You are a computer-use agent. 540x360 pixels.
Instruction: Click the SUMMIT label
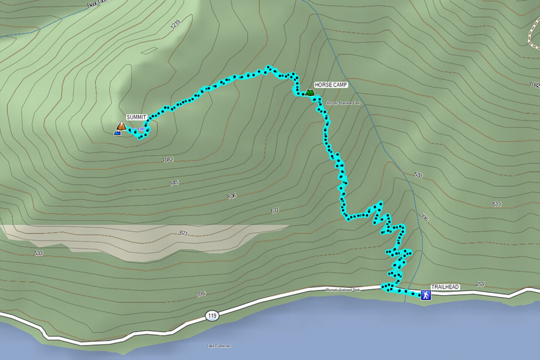point(136,117)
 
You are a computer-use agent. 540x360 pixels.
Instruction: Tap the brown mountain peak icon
point(121,125)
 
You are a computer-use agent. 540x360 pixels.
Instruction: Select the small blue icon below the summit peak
point(117,133)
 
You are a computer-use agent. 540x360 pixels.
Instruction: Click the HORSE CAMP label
point(331,85)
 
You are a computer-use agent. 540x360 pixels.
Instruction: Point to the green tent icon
point(309,92)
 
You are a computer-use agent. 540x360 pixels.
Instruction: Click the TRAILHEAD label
point(445,287)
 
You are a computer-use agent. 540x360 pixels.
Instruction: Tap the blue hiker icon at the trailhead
point(425,295)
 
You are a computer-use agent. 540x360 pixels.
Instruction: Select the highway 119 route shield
point(211,315)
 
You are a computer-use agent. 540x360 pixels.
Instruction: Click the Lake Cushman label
point(218,346)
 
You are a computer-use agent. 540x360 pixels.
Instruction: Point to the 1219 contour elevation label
point(175,25)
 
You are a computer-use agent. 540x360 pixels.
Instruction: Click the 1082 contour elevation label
point(168,160)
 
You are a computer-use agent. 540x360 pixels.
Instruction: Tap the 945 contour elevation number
point(174,183)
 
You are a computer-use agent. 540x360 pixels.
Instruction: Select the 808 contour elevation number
point(232,196)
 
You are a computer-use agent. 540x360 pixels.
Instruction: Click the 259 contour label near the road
point(479,284)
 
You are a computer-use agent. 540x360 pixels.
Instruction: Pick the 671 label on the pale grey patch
point(184,233)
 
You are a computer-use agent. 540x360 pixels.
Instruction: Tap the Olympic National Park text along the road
point(342,290)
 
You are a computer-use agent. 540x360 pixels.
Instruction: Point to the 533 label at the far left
point(39,253)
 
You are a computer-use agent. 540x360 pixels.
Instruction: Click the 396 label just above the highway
point(200,294)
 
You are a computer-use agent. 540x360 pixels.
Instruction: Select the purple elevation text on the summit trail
point(142,129)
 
